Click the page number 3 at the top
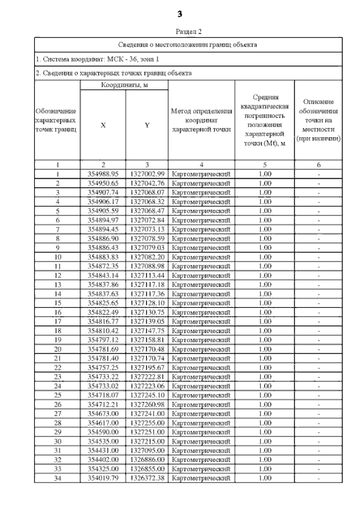click(181, 13)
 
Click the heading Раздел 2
click(181, 33)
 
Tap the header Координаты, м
click(124, 84)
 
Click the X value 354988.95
click(103, 174)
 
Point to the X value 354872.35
click(103, 265)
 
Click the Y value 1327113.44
click(147, 275)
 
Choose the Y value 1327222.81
click(147, 376)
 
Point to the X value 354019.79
click(103, 478)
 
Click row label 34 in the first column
click(57, 478)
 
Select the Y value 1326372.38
click(147, 478)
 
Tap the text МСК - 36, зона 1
click(127, 58)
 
